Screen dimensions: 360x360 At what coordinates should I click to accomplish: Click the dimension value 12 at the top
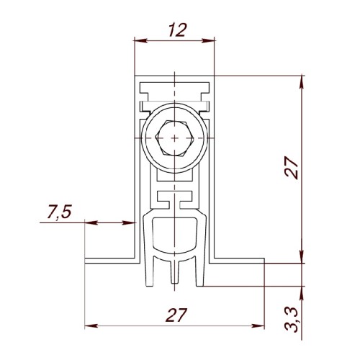click(x=177, y=30)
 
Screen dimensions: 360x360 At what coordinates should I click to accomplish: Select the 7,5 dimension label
click(x=60, y=212)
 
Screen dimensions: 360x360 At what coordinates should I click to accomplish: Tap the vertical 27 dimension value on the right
click(x=292, y=168)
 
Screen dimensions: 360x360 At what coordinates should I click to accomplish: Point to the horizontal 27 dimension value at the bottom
click(x=176, y=315)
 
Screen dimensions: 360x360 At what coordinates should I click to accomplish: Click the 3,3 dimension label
click(x=292, y=320)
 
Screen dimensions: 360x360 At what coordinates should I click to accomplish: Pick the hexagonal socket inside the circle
click(x=174, y=138)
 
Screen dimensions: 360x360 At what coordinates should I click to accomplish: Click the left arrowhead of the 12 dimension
click(x=140, y=40)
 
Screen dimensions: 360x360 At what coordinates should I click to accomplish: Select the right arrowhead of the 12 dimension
click(x=208, y=40)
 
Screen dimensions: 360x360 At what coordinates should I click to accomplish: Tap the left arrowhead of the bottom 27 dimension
click(x=91, y=326)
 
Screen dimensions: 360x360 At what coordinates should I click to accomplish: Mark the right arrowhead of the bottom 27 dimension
click(x=258, y=326)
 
